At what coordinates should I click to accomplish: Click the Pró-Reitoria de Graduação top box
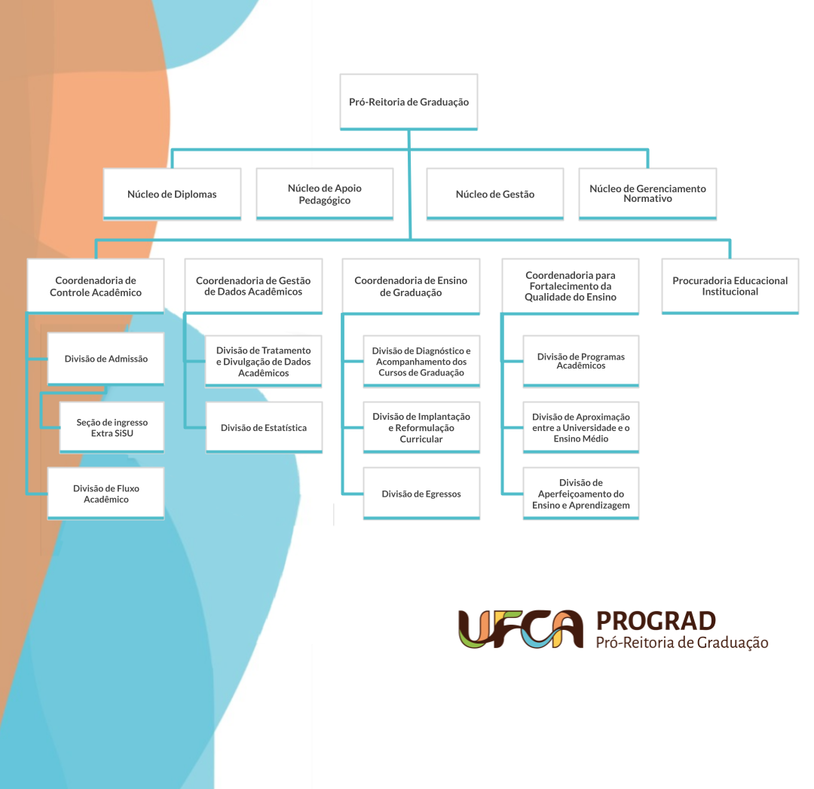pyautogui.click(x=409, y=102)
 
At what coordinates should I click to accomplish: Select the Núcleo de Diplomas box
pyautogui.click(x=172, y=194)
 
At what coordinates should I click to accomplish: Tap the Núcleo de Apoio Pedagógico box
pyautogui.click(x=324, y=194)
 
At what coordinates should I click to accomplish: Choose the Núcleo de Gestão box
pyautogui.click(x=494, y=194)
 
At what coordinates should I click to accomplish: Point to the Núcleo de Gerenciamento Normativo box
pyautogui.click(x=647, y=194)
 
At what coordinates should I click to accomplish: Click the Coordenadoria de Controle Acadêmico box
pyautogui.click(x=96, y=286)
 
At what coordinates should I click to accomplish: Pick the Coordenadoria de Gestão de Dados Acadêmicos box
pyautogui.click(x=253, y=286)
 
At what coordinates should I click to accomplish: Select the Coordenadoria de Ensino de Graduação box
pyautogui.click(x=411, y=286)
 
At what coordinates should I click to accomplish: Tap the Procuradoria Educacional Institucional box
pyautogui.click(x=730, y=286)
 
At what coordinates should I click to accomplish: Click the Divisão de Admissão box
pyautogui.click(x=106, y=359)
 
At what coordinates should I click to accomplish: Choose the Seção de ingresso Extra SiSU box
pyautogui.click(x=112, y=427)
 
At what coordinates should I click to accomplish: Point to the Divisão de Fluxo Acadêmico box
pyautogui.click(x=106, y=493)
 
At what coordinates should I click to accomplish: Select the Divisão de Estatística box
pyautogui.click(x=264, y=427)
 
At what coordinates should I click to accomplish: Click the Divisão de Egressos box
pyautogui.click(x=421, y=493)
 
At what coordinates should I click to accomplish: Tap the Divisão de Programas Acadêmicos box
pyautogui.click(x=581, y=361)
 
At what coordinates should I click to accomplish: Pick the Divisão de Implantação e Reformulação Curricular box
pyautogui.click(x=421, y=427)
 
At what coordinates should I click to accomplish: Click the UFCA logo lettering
pyautogui.click(x=521, y=629)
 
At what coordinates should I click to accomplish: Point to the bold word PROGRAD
pyautogui.click(x=656, y=622)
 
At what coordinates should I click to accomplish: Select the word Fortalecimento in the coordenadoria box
pyautogui.click(x=571, y=286)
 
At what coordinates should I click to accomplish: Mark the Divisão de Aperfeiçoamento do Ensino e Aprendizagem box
pyautogui.click(x=581, y=493)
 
